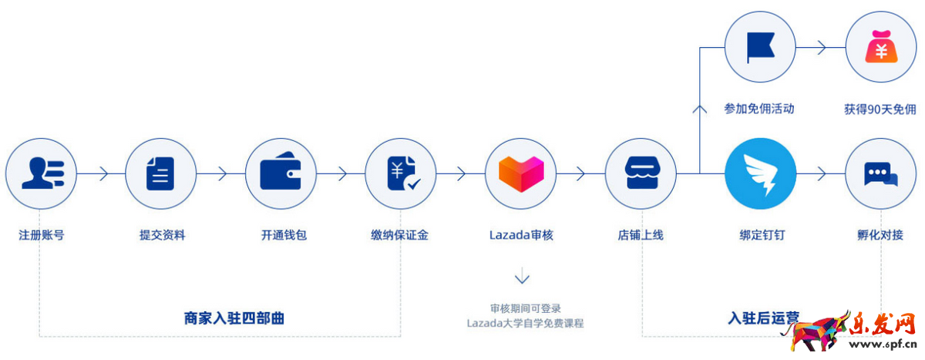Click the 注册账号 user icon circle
pyautogui.click(x=40, y=174)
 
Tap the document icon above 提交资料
pyautogui.click(x=160, y=174)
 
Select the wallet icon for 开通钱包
pyautogui.click(x=281, y=174)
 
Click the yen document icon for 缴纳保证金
pyautogui.click(x=401, y=174)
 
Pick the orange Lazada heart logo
pyautogui.click(x=521, y=174)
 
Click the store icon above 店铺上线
pyautogui.click(x=641, y=174)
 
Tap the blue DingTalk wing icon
pyautogui.click(x=761, y=174)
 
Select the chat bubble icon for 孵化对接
pyautogui.click(x=881, y=174)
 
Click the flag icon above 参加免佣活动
pyautogui.click(x=761, y=49)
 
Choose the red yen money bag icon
pyautogui.click(x=881, y=49)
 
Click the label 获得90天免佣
pyautogui.click(x=880, y=109)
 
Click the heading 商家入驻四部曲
pyautogui.click(x=234, y=317)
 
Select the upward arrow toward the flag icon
pyautogui.click(x=700, y=108)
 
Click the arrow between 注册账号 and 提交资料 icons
pyautogui.click(x=101, y=174)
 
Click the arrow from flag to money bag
pyautogui.click(x=820, y=49)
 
